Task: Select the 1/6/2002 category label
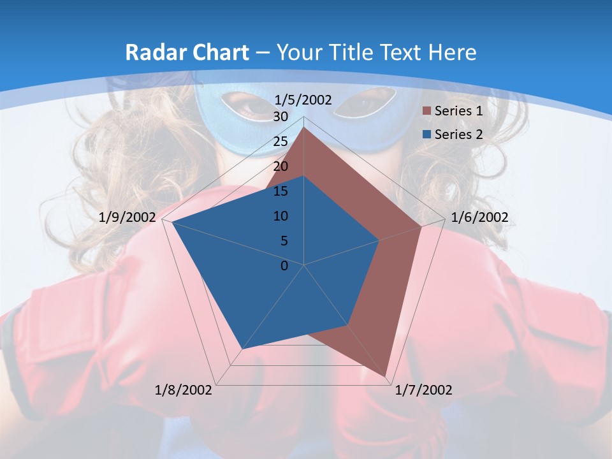coord(479,217)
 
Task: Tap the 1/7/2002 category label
coord(423,390)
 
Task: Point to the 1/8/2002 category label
coord(184,390)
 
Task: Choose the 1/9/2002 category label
coord(127,217)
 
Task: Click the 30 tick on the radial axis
coord(280,117)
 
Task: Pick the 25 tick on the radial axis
coord(280,142)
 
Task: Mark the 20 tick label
coord(280,166)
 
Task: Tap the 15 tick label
coord(280,191)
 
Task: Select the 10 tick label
coord(280,216)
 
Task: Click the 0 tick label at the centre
coord(284,266)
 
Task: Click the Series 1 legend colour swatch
coord(427,111)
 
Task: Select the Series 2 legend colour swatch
coord(427,135)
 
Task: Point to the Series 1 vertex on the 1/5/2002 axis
coord(304,127)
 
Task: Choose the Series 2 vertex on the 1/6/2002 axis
coord(380,240)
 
